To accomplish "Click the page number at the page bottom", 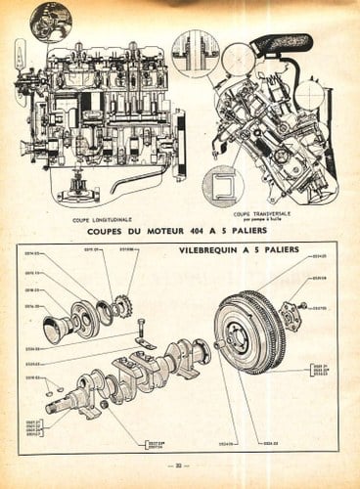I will [x=179, y=466].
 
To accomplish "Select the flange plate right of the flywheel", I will [x=289, y=315].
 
